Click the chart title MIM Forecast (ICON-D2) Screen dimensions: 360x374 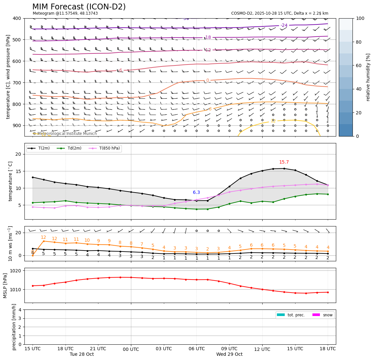tap(79, 7)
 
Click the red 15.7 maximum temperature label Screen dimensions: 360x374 tap(284, 162)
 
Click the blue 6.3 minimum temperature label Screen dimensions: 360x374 tap(196, 193)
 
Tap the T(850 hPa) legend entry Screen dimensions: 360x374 tap(108, 149)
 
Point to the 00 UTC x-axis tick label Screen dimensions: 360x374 tap(131, 349)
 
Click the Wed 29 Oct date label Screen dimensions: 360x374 tap(229, 354)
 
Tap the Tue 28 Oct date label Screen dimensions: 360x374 tap(82, 354)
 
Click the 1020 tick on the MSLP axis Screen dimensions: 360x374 tap(16, 271)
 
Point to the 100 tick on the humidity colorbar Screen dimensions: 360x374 tap(361, 18)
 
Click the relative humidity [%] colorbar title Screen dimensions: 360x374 tap(368, 77)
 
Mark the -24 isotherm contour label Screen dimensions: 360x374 tap(284, 25)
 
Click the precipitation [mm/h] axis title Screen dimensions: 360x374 tap(14, 327)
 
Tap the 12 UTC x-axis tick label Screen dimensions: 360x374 tap(262, 349)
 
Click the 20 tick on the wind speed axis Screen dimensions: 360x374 tap(19, 233)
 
